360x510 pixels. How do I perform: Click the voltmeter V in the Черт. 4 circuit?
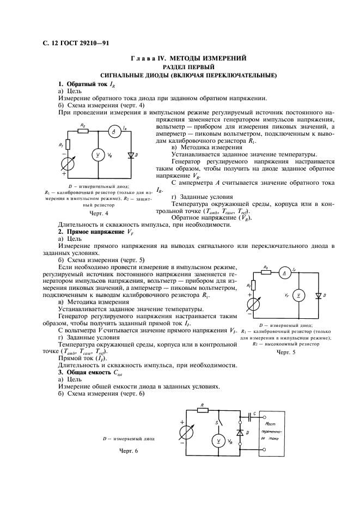[98, 155]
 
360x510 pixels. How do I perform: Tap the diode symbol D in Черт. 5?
[318, 295]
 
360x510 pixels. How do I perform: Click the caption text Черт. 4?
[99, 213]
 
